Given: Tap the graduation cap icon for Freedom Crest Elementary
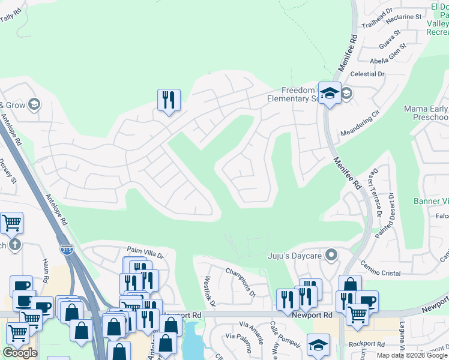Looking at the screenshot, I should [x=330, y=93].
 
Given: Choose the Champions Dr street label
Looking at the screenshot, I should [x=241, y=282].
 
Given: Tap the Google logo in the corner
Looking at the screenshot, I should [x=20, y=353].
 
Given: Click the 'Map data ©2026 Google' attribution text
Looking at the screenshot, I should [x=412, y=355].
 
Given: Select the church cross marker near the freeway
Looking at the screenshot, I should [x=15, y=244].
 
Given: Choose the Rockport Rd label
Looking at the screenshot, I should [x=367, y=344].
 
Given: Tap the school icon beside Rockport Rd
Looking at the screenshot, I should [x=318, y=344].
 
